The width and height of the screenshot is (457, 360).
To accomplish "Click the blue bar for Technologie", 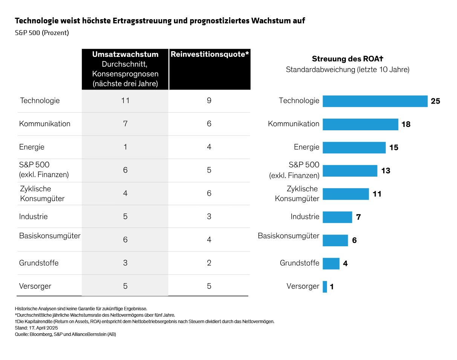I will (375, 101).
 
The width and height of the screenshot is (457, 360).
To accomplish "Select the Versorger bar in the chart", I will (325, 287).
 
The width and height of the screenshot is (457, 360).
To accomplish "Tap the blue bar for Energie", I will (354, 148).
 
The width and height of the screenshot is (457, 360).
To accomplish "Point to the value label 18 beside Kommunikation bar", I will (406, 124).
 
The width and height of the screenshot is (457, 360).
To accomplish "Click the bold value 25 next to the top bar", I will (436, 101).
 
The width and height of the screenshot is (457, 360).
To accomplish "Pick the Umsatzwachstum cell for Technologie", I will (125, 101).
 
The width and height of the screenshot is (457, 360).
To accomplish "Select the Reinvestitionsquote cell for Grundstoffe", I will (209, 263).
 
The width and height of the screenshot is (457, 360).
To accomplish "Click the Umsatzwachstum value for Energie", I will (125, 147).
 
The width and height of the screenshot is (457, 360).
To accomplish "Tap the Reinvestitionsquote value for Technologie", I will (209, 101).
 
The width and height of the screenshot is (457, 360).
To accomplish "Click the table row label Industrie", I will (34, 217).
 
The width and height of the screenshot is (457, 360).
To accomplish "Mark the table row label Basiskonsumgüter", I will (50, 236).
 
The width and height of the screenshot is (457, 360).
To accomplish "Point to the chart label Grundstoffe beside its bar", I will (300, 263).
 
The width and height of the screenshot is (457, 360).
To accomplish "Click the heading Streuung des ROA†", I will (347, 59).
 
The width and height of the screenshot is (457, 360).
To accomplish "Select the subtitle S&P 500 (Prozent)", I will (42, 33).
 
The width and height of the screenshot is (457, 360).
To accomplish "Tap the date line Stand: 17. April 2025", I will (37, 328).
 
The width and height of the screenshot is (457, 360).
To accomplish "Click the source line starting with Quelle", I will (65, 334).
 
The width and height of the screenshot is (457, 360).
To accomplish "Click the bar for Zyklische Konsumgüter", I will (345, 194).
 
